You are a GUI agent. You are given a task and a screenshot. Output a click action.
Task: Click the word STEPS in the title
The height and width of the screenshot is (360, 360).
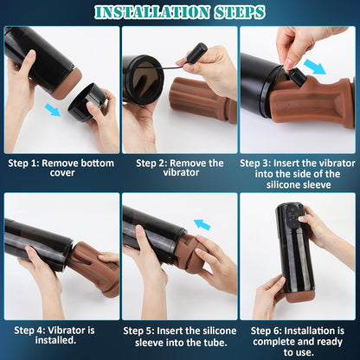[241, 12]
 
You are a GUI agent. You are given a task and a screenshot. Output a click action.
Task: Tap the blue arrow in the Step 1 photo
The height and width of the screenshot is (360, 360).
[54, 109]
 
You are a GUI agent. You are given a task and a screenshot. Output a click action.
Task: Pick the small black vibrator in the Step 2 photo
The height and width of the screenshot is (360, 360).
[196, 53]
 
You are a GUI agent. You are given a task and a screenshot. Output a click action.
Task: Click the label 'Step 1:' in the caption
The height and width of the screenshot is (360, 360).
[25, 162]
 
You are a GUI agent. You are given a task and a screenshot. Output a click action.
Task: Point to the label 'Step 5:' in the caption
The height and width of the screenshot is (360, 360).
[143, 329]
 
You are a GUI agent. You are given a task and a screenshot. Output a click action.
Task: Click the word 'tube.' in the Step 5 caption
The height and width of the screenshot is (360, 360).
[210, 340]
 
